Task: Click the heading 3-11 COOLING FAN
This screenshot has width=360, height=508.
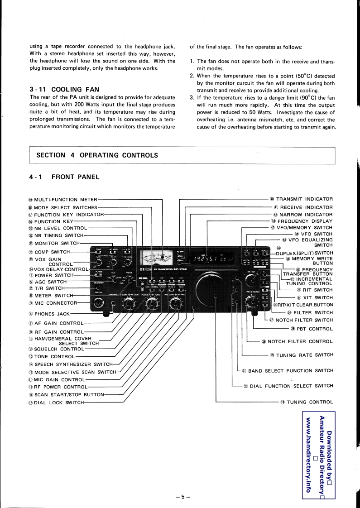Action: click(x=64, y=90)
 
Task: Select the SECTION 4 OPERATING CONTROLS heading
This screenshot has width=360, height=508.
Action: click(x=97, y=155)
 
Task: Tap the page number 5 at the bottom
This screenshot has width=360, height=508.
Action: click(x=182, y=497)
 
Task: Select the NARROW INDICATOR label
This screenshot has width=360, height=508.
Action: click(x=306, y=215)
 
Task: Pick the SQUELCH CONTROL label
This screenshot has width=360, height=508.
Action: click(x=59, y=349)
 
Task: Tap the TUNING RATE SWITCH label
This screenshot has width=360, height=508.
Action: click(x=304, y=355)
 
